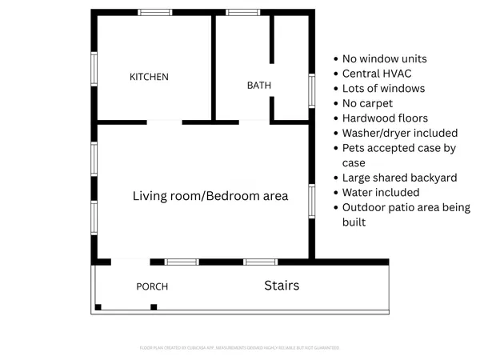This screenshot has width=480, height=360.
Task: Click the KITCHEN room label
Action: coord(149,77)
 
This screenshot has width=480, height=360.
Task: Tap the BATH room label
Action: coord(258,85)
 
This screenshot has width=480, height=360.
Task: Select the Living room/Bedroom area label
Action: coord(210,195)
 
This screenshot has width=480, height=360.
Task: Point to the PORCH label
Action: coord(152,286)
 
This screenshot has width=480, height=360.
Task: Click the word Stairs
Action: coord(282,285)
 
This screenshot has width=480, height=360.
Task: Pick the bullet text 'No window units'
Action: coord(384,58)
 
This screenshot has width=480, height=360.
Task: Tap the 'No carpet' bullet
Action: coord(367,103)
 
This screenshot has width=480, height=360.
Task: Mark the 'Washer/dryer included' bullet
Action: coord(399,133)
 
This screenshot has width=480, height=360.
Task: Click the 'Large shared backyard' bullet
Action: coord(399,178)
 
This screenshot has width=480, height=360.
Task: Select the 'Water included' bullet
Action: coord(381,192)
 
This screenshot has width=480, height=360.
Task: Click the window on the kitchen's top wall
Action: coord(155,12)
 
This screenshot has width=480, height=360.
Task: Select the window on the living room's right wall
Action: coord(312,200)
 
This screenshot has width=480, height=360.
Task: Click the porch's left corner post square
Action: coord(98,307)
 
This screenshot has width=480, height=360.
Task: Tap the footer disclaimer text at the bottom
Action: coord(240,348)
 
